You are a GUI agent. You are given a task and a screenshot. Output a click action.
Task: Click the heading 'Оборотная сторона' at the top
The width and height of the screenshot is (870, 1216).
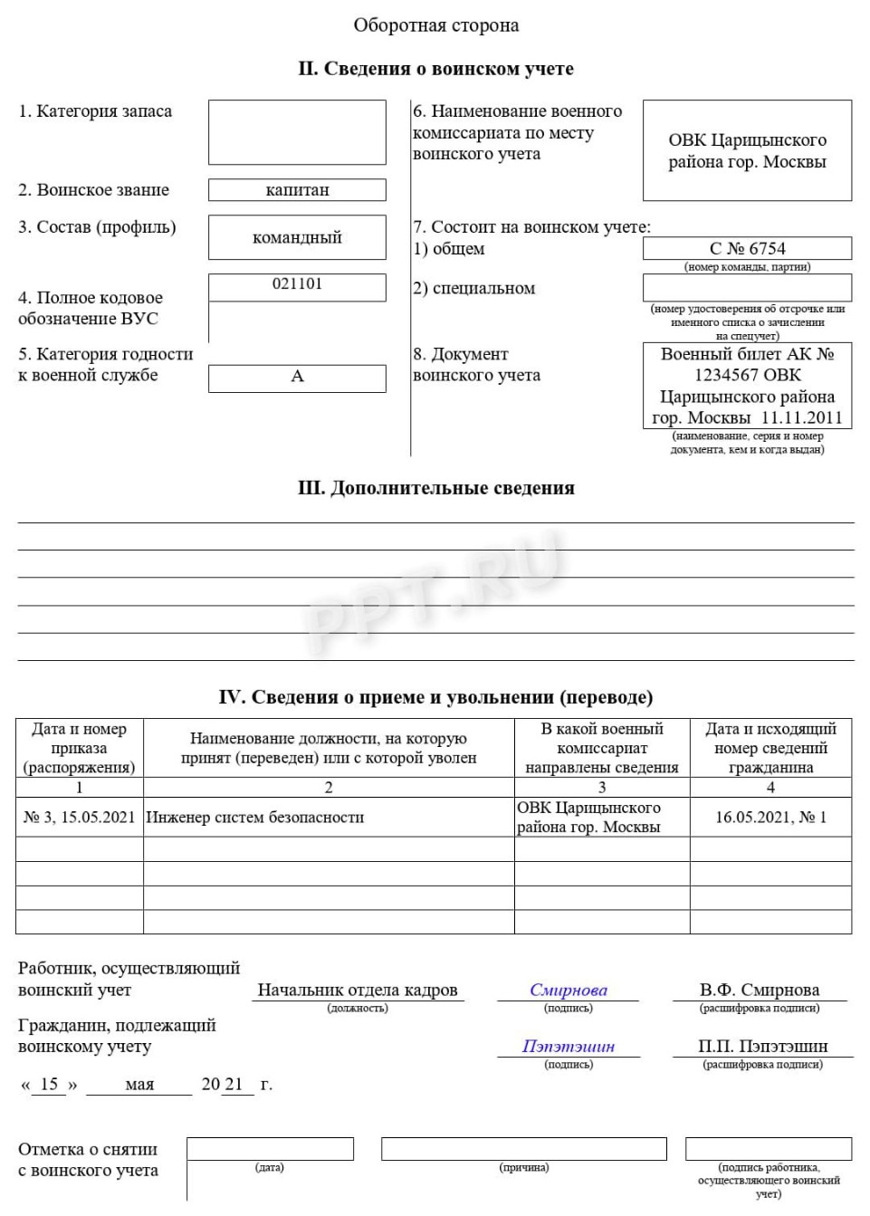pyautogui.click(x=435, y=25)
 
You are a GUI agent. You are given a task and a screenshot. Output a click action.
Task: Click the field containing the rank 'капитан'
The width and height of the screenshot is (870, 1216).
pyautogui.click(x=297, y=190)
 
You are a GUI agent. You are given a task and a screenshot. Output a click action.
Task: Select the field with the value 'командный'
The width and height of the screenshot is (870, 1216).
pyautogui.click(x=297, y=238)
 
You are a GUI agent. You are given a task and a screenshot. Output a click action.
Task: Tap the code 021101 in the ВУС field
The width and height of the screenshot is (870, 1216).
pyautogui.click(x=297, y=284)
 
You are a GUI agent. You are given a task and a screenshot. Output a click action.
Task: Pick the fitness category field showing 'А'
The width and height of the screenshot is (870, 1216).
pyautogui.click(x=297, y=377)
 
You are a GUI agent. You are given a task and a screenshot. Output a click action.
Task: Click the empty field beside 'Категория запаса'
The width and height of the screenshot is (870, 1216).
pyautogui.click(x=297, y=132)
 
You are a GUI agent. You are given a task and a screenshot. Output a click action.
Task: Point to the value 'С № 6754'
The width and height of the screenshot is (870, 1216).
pyautogui.click(x=747, y=249)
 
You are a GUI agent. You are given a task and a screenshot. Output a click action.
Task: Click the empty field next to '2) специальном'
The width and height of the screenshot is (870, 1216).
pyautogui.click(x=747, y=288)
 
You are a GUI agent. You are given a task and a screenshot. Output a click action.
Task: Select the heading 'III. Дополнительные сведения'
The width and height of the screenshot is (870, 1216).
pyautogui.click(x=435, y=488)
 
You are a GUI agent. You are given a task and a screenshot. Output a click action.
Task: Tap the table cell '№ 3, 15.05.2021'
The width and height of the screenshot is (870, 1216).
pyautogui.click(x=79, y=818)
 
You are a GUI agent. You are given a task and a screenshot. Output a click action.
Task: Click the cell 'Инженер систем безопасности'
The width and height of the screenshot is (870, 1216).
pyautogui.click(x=255, y=818)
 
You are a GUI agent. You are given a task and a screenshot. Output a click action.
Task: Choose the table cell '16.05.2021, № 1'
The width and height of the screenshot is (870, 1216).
pyautogui.click(x=770, y=818)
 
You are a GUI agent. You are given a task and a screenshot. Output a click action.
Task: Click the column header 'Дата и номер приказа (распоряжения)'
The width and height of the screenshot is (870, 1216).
pyautogui.click(x=79, y=748)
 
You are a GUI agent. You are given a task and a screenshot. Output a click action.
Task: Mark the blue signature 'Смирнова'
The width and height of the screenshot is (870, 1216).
pyautogui.click(x=568, y=991)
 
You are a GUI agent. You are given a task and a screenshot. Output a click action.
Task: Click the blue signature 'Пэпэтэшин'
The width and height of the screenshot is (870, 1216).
pyautogui.click(x=568, y=1047)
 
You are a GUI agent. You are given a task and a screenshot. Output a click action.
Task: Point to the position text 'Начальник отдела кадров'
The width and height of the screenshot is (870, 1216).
pyautogui.click(x=358, y=991)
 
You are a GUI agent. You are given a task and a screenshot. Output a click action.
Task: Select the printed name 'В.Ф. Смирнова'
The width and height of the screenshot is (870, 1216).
pyautogui.click(x=759, y=991)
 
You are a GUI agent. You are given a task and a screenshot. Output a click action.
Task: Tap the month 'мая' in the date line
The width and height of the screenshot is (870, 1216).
pyautogui.click(x=139, y=1085)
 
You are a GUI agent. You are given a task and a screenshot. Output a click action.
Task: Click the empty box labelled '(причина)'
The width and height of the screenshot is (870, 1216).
pyautogui.click(x=523, y=1149)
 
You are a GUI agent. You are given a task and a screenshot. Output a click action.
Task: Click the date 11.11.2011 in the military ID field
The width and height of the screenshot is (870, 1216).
pyautogui.click(x=801, y=418)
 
